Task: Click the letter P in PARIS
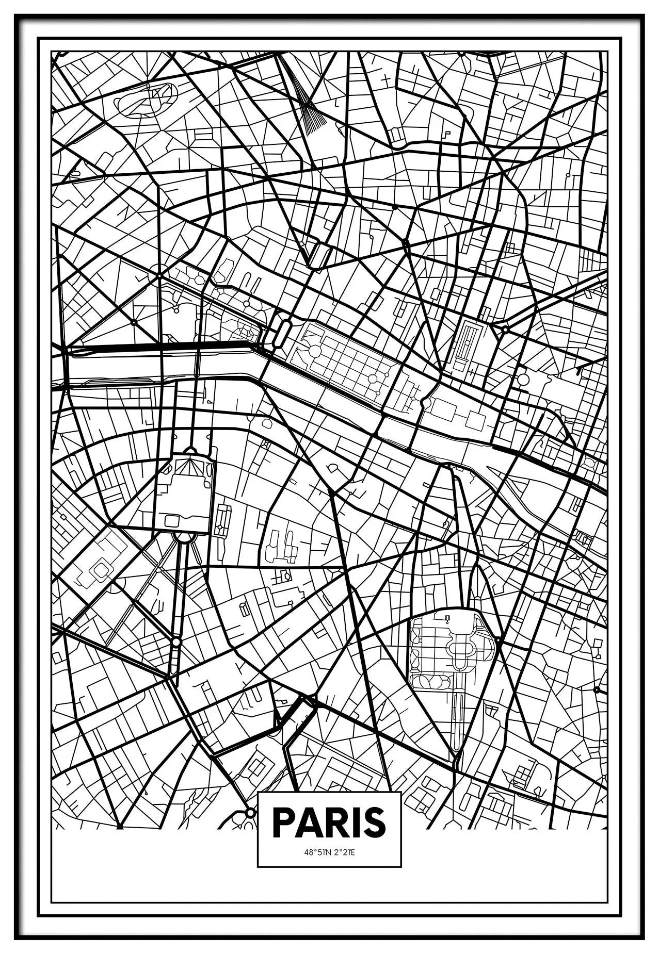283,823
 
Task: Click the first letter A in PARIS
307,823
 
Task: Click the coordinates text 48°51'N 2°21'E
329,852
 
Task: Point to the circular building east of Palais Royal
523,380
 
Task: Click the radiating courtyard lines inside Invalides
189,467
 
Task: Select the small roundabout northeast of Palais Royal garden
505,329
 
